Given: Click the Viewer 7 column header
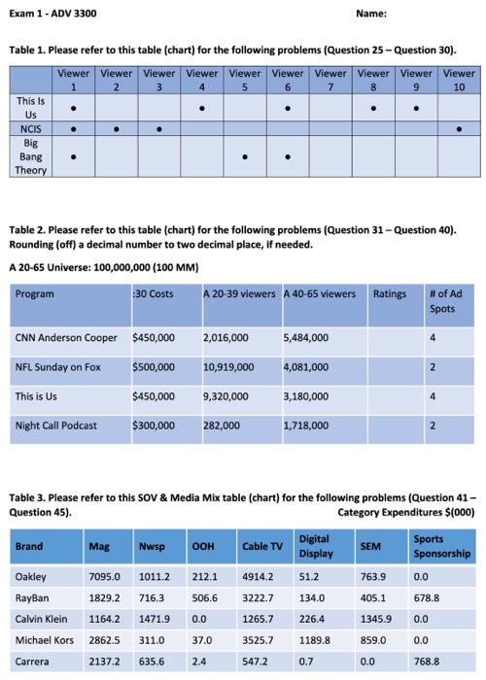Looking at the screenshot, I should click(330, 79).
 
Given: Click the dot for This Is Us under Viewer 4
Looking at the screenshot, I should click(202, 106).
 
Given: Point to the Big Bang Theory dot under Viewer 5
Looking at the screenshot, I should click(245, 155).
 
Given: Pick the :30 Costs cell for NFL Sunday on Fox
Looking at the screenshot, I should click(153, 367).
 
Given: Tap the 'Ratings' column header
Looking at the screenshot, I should click(389, 293).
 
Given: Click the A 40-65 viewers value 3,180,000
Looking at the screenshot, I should click(309, 396).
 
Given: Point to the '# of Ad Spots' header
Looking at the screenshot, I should click(445, 300).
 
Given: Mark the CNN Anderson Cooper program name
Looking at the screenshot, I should click(67, 337).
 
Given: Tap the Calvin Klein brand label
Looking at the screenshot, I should click(42, 619).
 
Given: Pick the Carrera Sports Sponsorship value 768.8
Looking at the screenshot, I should click(429, 663).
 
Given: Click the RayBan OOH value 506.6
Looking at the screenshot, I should click(206, 597).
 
